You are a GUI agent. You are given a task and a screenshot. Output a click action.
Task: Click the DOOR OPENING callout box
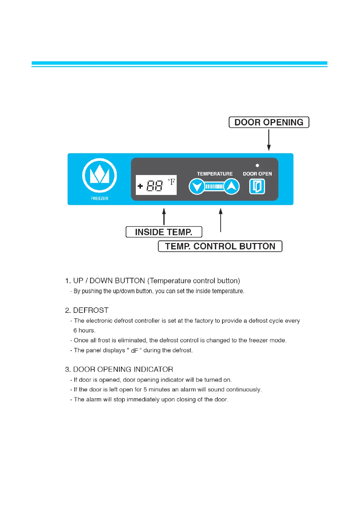click(269, 122)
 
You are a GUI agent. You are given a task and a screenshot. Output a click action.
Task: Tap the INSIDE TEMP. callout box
click(164, 232)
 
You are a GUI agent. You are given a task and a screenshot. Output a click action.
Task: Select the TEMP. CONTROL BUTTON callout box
click(220, 246)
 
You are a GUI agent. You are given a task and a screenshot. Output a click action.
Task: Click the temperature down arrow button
click(197, 186)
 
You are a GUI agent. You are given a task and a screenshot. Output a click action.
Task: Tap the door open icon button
click(257, 186)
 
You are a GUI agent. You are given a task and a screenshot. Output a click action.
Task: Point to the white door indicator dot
click(257, 165)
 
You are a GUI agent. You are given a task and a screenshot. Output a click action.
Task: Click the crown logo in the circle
click(100, 176)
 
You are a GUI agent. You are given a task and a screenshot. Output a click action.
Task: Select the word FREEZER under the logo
click(100, 199)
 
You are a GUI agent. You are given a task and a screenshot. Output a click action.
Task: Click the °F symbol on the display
click(172, 182)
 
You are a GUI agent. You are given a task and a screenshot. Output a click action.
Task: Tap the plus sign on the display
click(140, 186)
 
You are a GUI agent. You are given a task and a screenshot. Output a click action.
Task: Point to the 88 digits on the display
click(155, 186)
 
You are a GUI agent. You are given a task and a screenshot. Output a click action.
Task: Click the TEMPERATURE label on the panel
click(215, 174)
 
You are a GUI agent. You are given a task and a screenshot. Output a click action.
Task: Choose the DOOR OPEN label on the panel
click(257, 174)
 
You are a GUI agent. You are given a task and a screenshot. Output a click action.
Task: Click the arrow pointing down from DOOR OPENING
click(269, 140)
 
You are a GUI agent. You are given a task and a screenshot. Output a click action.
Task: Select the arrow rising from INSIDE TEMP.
click(164, 216)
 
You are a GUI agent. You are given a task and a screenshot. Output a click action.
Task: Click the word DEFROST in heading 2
click(91, 310)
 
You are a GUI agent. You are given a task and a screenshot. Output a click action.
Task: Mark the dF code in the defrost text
click(134, 351)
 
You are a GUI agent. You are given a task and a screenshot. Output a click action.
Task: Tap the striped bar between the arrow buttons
click(214, 186)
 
